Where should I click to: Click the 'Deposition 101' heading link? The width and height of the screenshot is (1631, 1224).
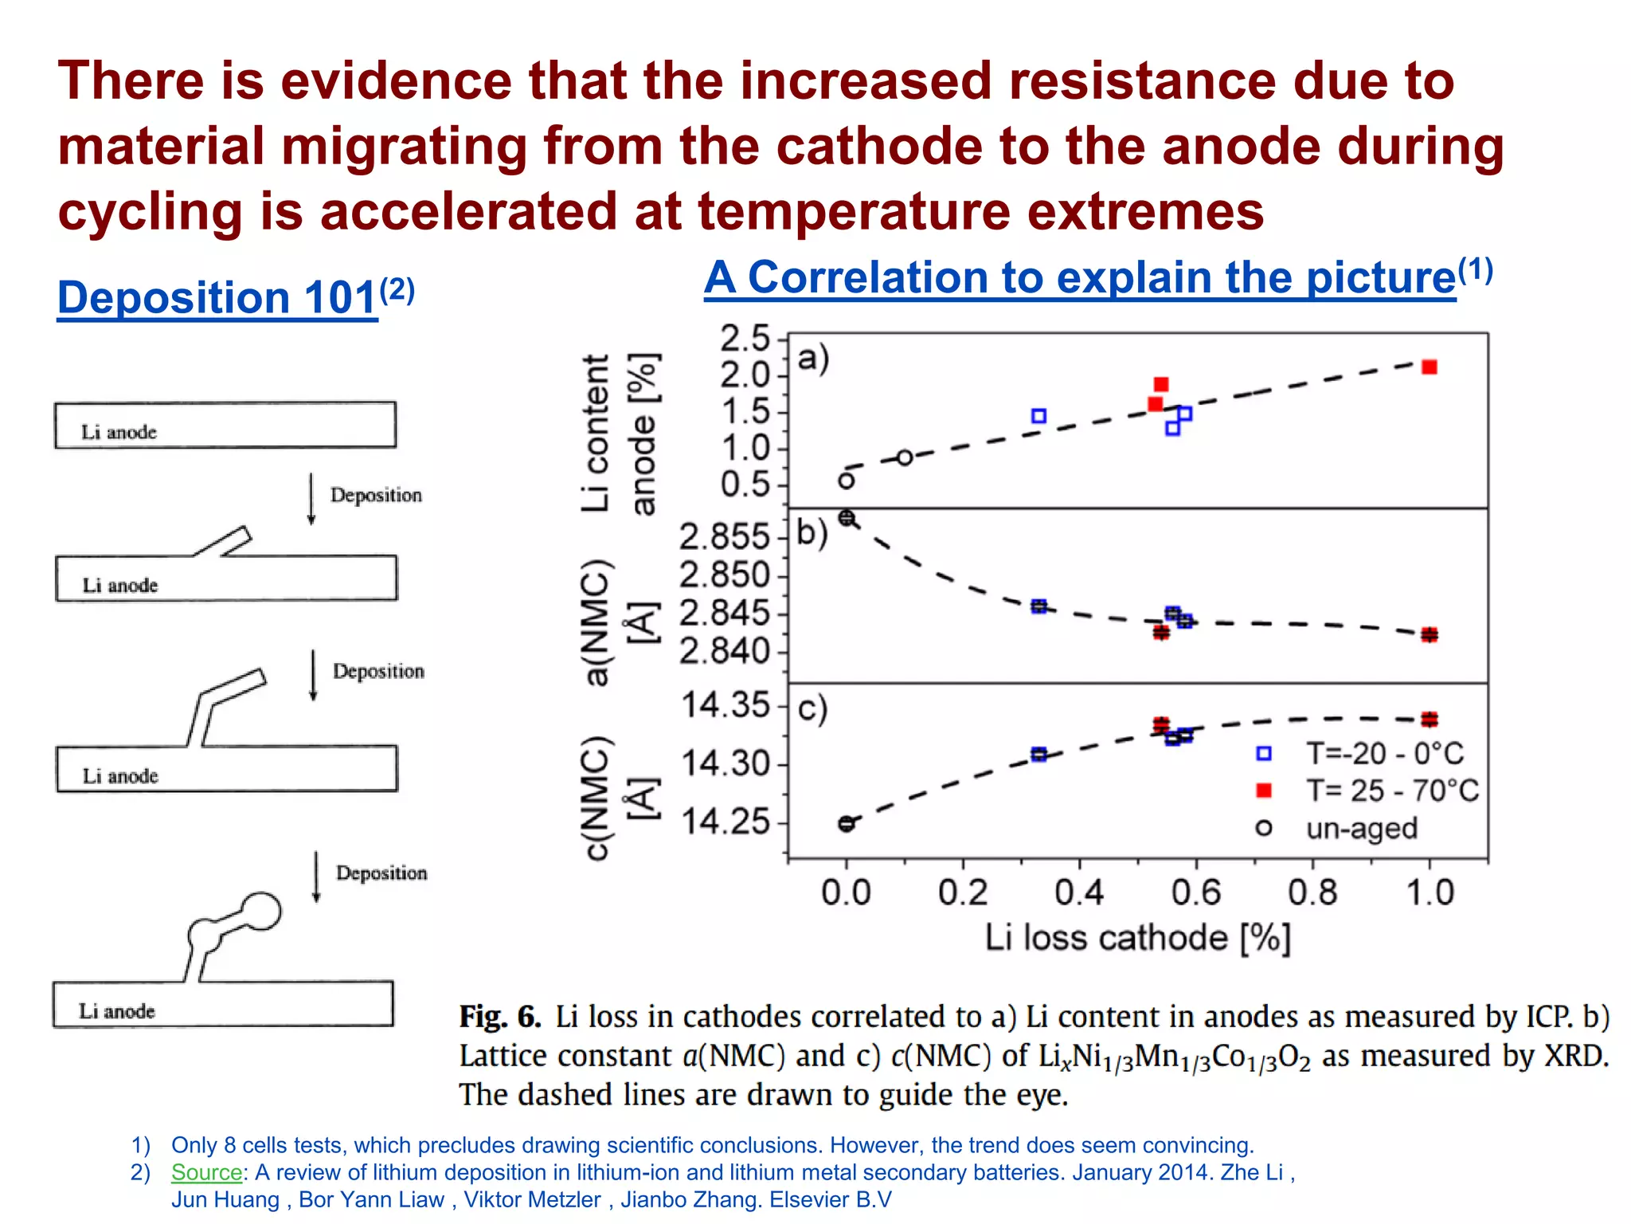217,298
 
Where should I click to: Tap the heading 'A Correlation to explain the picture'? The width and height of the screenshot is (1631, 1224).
1079,278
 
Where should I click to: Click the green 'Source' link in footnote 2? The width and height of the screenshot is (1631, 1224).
206,1172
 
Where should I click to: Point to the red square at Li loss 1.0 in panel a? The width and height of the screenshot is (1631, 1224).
1430,367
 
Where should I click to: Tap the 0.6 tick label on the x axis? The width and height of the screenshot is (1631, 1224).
1196,892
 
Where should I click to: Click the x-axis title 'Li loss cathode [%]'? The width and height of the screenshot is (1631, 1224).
1137,938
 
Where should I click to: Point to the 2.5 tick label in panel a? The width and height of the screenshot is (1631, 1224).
745,339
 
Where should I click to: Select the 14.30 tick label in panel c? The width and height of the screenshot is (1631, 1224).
726,764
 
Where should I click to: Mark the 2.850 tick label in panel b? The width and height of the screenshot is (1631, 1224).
724,575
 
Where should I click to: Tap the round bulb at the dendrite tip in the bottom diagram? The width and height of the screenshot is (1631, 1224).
260,912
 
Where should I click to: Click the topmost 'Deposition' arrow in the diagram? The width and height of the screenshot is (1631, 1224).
311,499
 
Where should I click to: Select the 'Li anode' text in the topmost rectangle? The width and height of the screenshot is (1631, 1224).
119,433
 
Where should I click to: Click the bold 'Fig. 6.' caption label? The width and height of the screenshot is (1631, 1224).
499,1018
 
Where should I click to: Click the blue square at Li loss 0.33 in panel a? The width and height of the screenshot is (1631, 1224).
1038,416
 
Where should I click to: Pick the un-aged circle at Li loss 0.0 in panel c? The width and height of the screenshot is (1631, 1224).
847,824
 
